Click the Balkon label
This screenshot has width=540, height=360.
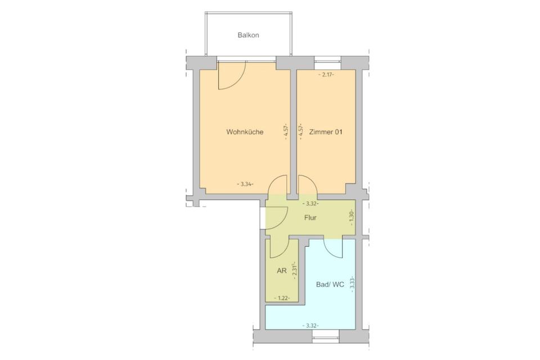click(248, 35)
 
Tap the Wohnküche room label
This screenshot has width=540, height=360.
click(245, 133)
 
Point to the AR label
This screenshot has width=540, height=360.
click(282, 271)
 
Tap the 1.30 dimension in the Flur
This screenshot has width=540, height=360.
click(352, 218)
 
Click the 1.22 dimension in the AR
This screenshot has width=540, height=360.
click(281, 298)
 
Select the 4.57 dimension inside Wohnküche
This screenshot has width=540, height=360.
click(286, 133)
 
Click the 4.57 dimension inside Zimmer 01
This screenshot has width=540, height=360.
click(301, 133)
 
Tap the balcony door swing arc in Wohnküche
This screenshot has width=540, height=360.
click(232, 76)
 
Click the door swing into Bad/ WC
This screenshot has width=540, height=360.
click(332, 249)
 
